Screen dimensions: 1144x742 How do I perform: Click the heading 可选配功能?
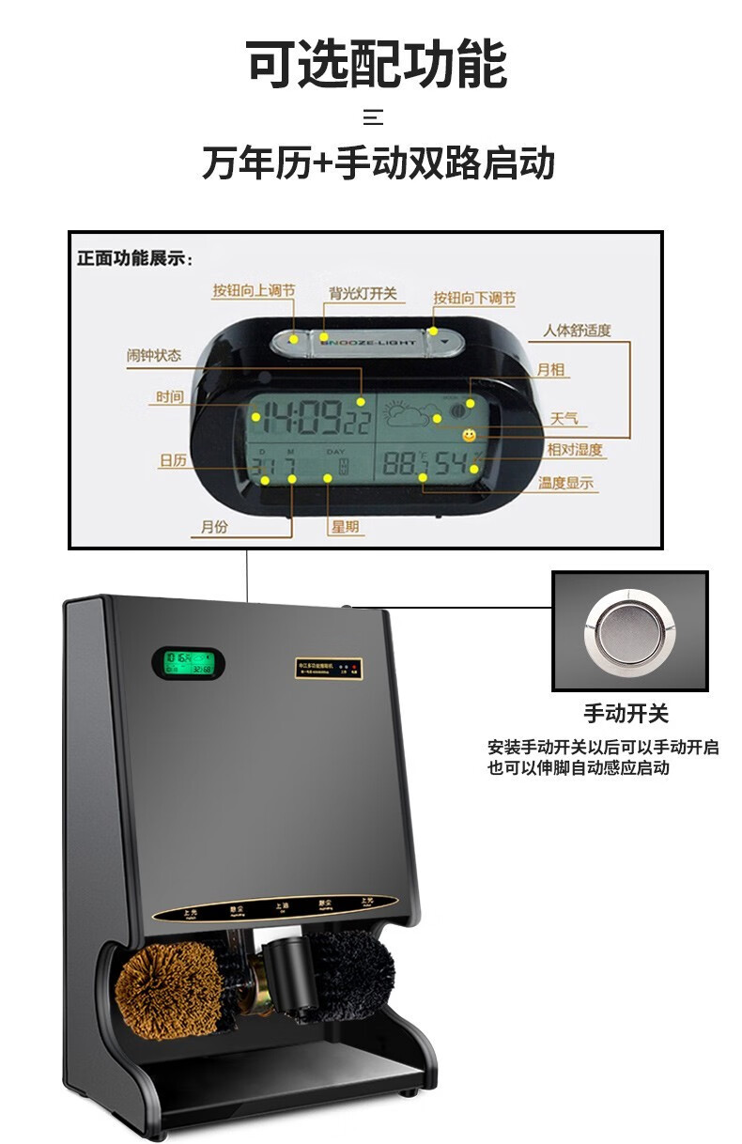click(x=377, y=64)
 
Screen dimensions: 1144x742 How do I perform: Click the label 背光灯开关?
click(x=363, y=294)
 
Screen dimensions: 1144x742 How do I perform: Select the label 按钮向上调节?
click(x=254, y=291)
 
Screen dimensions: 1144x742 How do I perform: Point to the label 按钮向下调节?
click(x=474, y=299)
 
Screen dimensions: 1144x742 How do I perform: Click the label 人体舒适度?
click(x=577, y=330)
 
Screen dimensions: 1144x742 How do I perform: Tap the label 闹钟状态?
click(x=154, y=356)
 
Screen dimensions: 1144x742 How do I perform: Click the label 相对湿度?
click(x=575, y=450)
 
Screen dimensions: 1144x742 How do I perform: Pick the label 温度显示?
click(x=566, y=484)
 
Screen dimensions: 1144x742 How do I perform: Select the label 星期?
click(x=344, y=527)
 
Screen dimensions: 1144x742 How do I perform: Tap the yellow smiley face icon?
click(x=468, y=436)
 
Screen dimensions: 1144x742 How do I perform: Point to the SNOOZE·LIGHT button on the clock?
click(x=368, y=343)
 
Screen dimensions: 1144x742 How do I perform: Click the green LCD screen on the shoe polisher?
click(x=189, y=664)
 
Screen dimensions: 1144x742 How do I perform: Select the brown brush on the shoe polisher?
click(x=168, y=989)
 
